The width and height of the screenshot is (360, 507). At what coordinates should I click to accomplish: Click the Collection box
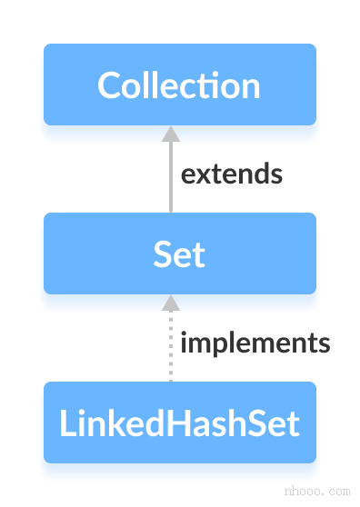coord(179,84)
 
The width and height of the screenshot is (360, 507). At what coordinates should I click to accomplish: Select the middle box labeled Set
coord(179,253)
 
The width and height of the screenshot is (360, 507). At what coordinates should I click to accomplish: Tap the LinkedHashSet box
coord(179,422)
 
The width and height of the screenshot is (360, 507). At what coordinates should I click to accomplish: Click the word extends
coord(231,174)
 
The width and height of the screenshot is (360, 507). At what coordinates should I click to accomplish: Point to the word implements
coord(255,343)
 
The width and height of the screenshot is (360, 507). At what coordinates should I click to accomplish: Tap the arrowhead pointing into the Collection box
coord(170,134)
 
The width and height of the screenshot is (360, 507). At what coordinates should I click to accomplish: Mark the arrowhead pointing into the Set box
coord(170,303)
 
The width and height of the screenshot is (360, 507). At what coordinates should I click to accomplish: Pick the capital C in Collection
coord(108,85)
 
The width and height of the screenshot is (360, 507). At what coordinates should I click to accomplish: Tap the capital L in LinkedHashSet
coord(66,423)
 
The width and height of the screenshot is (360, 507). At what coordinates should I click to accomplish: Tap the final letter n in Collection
coord(251,87)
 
